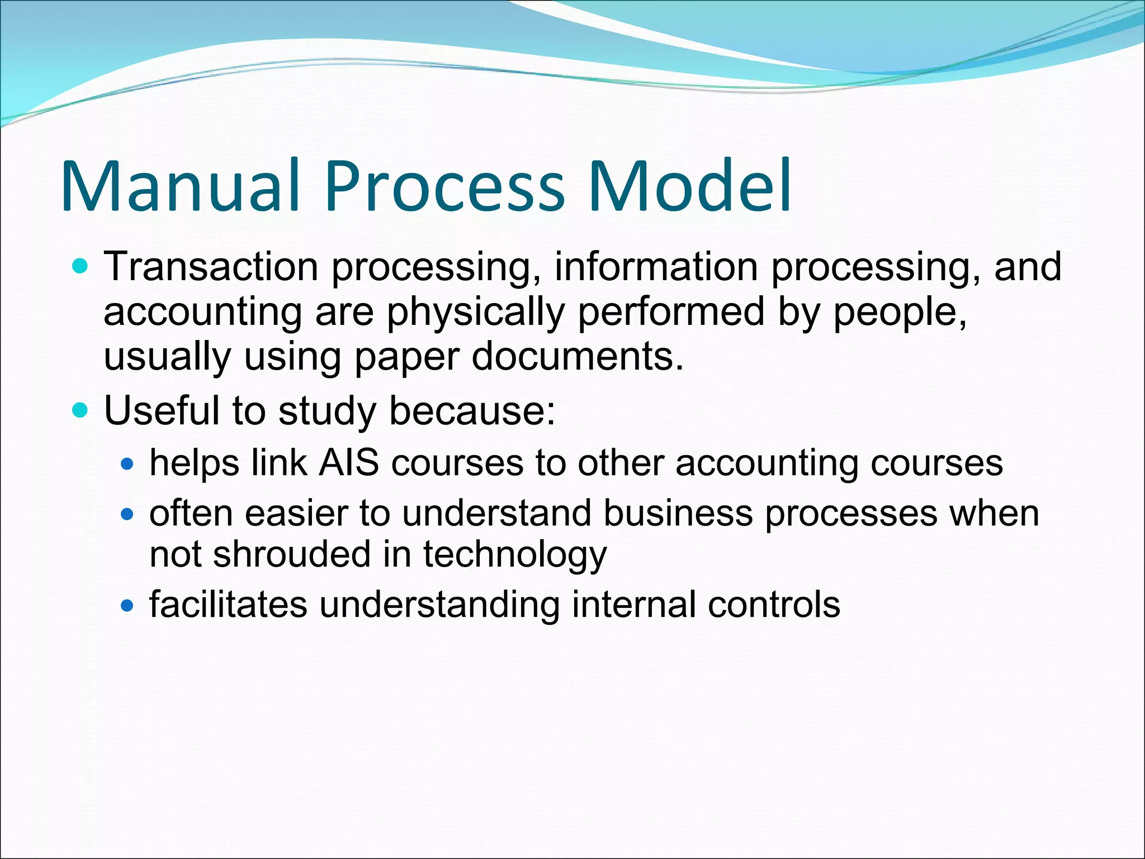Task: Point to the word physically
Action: pos(475,313)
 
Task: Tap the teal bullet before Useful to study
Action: pos(81,410)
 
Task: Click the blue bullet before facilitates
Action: pos(127,605)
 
